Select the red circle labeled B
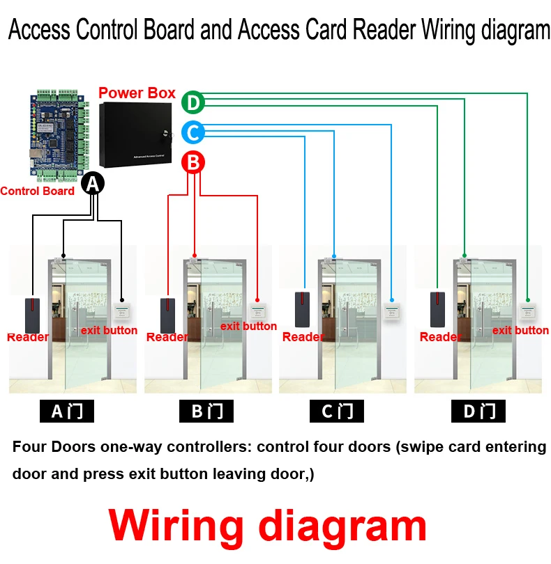tap(194, 163)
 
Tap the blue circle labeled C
tap(193, 132)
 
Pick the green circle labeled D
tap(193, 103)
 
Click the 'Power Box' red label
tap(137, 93)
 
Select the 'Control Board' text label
tap(37, 191)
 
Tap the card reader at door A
tap(33, 315)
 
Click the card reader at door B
tap(168, 315)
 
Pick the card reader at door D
tap(438, 309)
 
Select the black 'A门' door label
tap(67, 411)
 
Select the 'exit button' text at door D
tap(520, 330)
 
